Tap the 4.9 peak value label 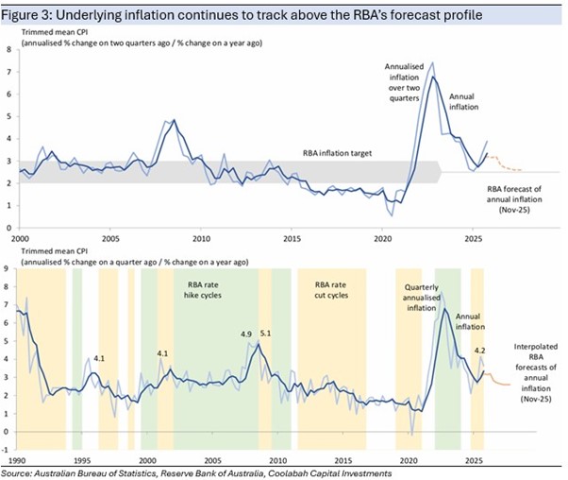pyautogui.click(x=247, y=334)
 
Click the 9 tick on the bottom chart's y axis pyautogui.click(x=8, y=268)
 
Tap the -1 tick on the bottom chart pyautogui.click(x=7, y=449)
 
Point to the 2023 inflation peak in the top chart pyautogui.click(x=433, y=76)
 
